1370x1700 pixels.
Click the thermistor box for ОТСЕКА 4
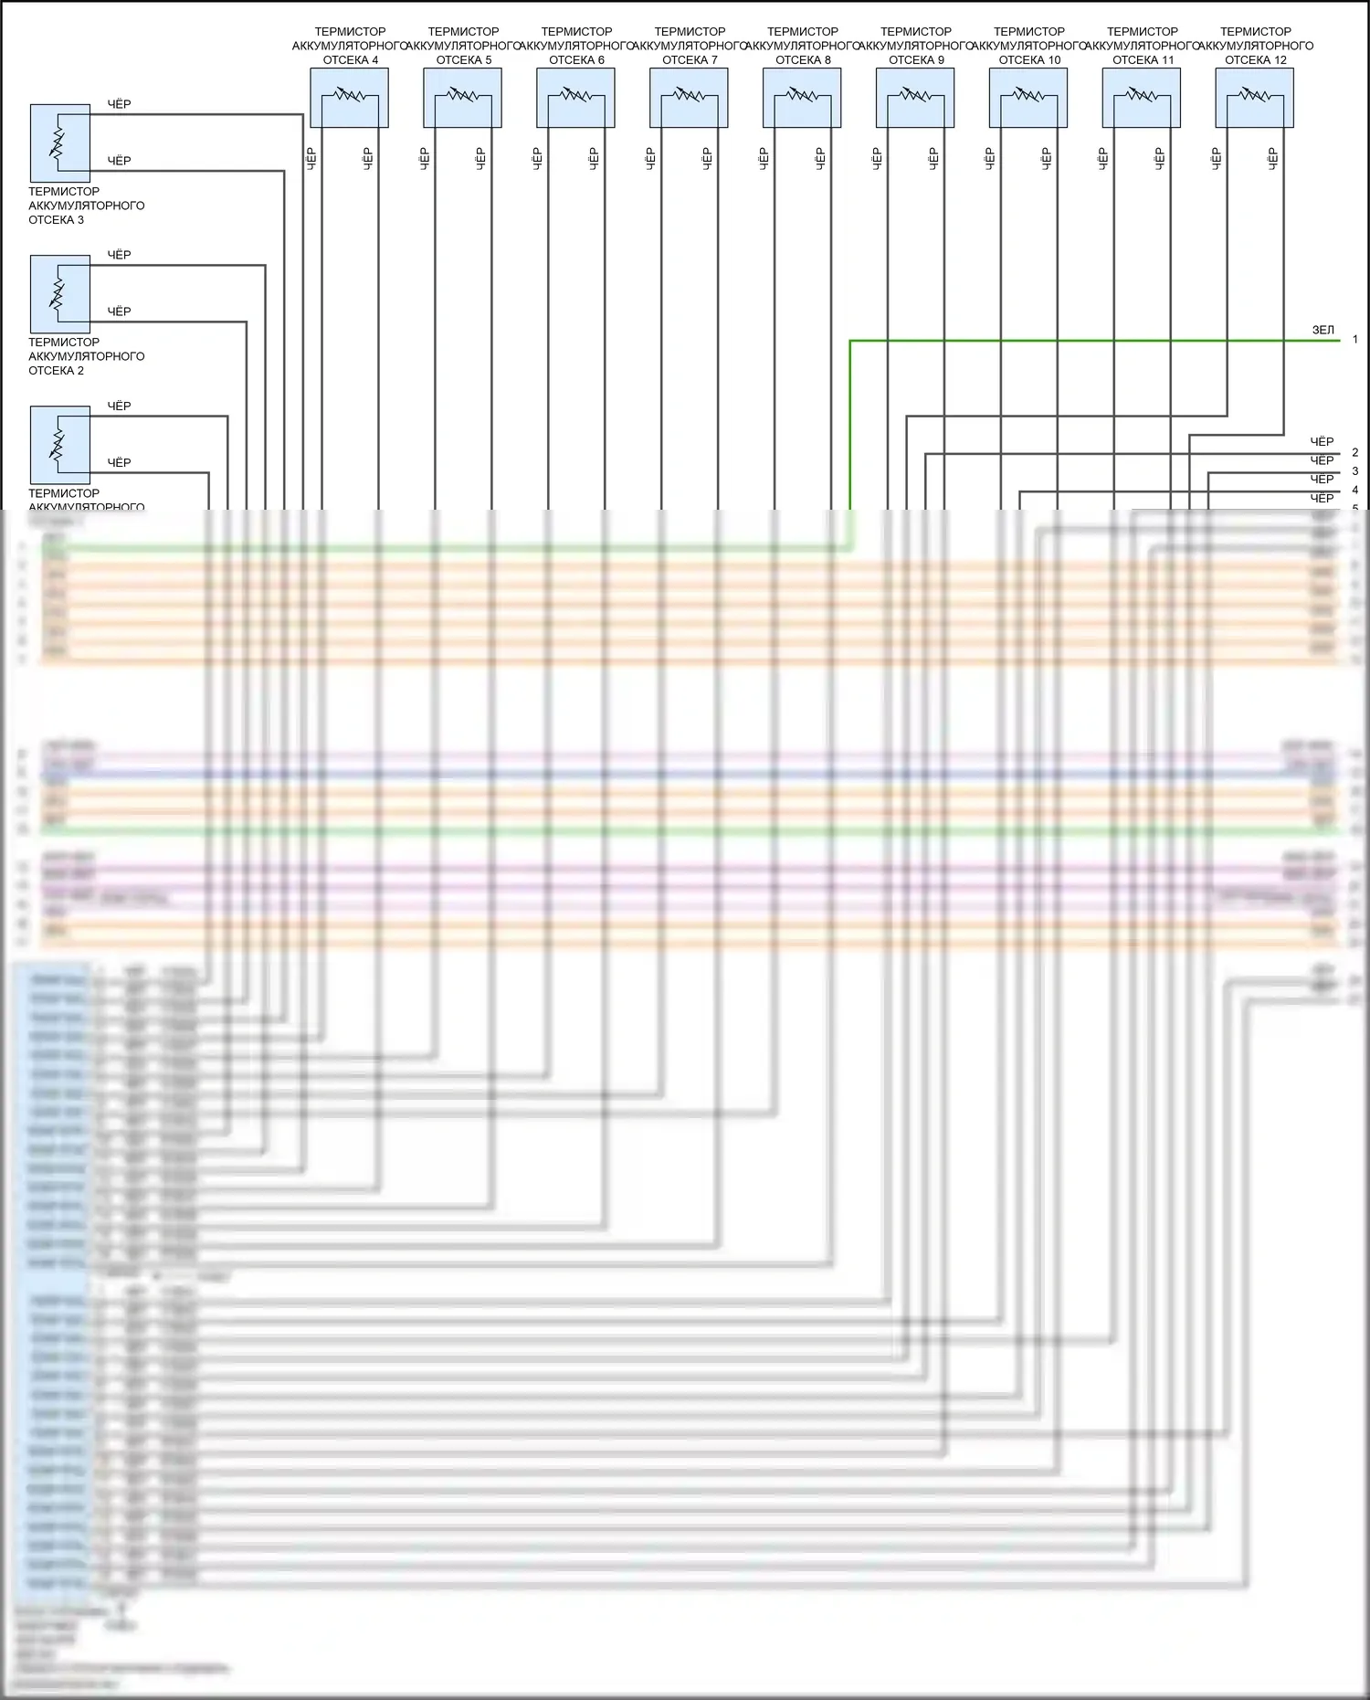click(349, 98)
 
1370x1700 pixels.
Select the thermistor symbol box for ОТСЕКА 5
click(462, 98)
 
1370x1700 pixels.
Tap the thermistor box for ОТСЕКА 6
click(575, 98)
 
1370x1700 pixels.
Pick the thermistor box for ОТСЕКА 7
click(689, 98)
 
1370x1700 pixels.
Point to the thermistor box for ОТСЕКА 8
click(802, 98)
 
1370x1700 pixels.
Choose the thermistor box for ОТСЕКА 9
click(915, 98)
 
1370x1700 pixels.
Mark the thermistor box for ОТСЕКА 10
click(1028, 98)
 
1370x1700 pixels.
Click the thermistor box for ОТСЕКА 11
click(1142, 98)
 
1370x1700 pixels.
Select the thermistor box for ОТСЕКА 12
click(1254, 98)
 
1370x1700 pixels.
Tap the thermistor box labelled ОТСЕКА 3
click(60, 143)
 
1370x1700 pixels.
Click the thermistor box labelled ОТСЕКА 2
click(60, 294)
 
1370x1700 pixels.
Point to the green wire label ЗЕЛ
click(1323, 330)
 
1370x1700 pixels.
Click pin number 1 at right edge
click(1355, 340)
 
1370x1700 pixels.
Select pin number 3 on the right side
click(1355, 471)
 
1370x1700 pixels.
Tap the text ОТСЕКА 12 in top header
click(1255, 60)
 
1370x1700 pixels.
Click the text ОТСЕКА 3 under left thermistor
click(57, 220)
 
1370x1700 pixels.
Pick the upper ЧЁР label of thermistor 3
click(120, 104)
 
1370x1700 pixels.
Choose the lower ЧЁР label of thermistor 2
click(120, 311)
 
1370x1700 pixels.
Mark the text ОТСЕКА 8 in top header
click(803, 60)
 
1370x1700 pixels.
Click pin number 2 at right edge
click(1355, 452)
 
